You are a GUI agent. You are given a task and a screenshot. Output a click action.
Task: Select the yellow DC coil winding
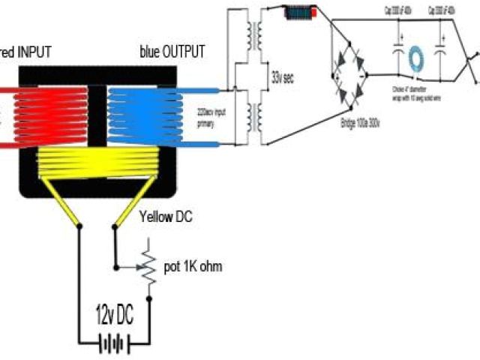click(x=98, y=160)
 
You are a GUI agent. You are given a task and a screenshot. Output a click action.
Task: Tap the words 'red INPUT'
click(x=25, y=52)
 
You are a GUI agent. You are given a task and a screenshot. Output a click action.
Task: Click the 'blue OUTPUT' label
click(x=172, y=52)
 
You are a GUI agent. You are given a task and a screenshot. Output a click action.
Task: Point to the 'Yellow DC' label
click(x=166, y=217)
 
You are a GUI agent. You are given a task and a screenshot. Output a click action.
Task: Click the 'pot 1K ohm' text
click(x=192, y=267)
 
